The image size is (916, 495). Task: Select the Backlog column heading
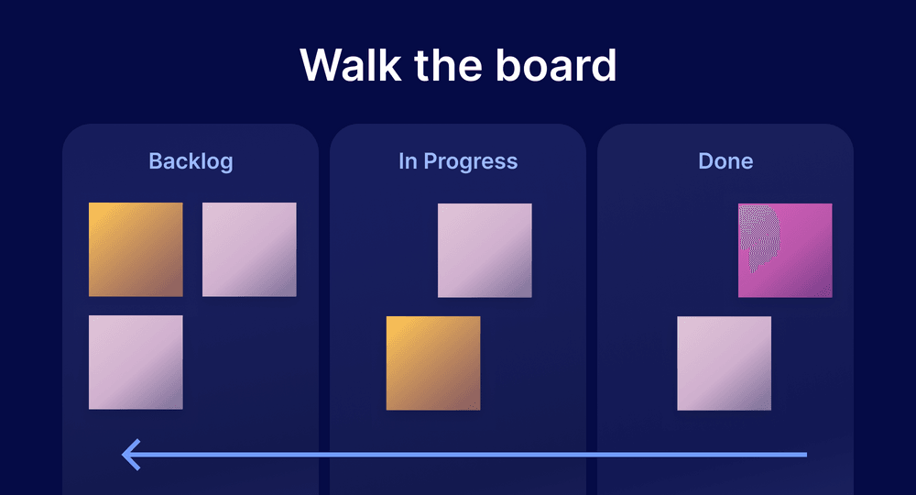point(191,162)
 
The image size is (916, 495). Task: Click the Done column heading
point(725,162)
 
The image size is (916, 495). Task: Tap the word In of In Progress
point(408,162)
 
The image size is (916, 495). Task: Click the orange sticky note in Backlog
point(136,249)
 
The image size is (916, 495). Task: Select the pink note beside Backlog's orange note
point(249,249)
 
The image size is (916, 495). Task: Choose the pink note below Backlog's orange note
point(136,362)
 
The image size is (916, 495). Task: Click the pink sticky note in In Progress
point(485,250)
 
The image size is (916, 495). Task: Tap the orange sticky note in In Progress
point(433,363)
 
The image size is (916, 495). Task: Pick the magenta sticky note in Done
point(785,250)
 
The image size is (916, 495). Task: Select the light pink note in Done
point(724,363)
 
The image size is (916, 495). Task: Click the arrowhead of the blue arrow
point(128,455)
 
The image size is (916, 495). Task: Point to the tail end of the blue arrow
point(804,455)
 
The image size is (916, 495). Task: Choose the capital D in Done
point(705,162)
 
